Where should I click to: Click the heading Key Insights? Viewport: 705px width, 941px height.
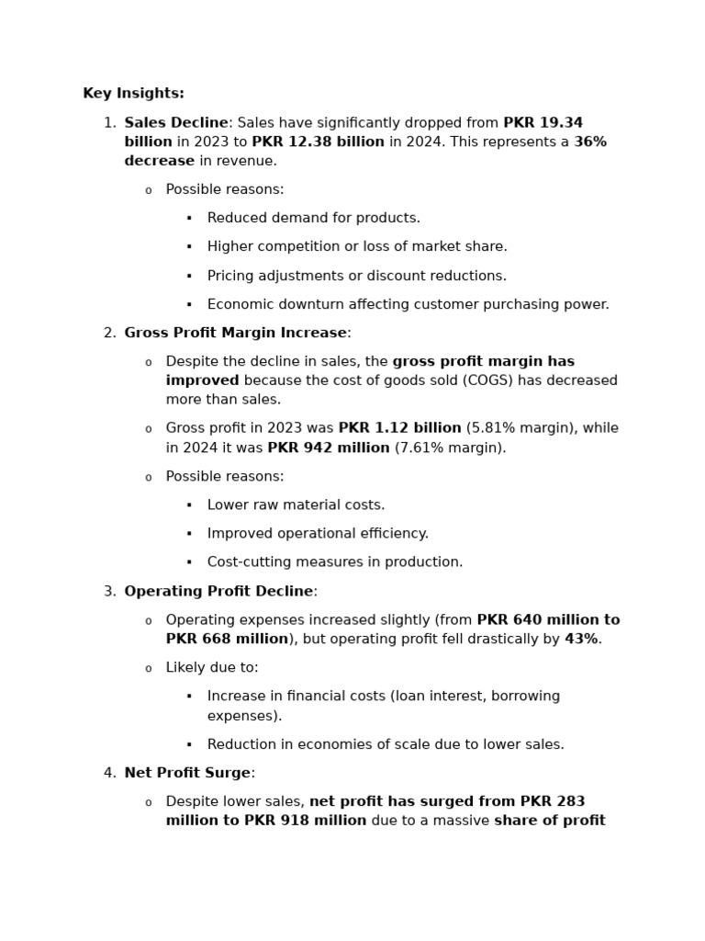(x=133, y=94)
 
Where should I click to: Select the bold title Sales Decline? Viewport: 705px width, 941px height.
(x=175, y=123)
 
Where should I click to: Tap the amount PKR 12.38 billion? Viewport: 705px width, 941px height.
(x=318, y=142)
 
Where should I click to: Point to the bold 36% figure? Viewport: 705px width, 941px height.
(x=590, y=142)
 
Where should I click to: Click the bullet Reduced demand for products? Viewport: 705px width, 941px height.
(x=313, y=219)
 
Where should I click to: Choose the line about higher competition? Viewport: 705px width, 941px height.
(x=356, y=247)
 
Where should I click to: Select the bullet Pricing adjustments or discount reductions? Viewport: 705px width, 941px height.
(x=356, y=276)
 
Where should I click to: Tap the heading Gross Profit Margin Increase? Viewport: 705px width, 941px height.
(x=235, y=334)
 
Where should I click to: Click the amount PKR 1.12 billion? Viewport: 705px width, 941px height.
(x=399, y=428)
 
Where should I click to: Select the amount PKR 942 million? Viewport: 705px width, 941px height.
(x=329, y=448)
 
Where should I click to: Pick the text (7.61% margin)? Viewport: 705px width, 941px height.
(x=450, y=448)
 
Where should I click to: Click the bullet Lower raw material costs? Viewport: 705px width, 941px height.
(x=296, y=505)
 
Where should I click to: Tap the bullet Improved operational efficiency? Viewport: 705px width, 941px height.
(x=318, y=534)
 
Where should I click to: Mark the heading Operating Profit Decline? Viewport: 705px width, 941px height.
(x=218, y=591)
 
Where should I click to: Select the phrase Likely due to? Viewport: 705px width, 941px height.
(x=212, y=667)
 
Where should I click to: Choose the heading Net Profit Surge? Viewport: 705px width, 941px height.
(x=187, y=773)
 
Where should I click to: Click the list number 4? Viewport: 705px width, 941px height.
(x=109, y=773)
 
